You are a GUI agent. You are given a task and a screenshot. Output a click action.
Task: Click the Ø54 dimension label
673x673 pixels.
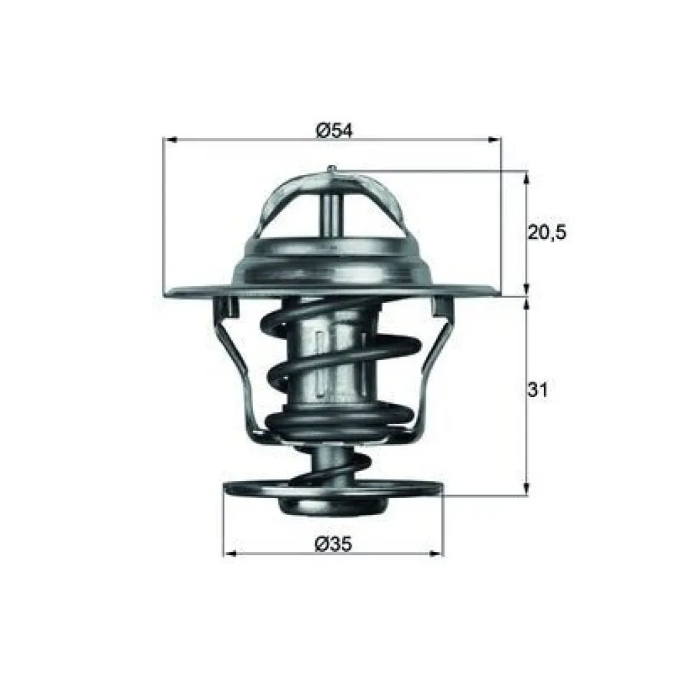333,130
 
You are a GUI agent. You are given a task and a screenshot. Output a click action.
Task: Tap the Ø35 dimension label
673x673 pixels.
333,543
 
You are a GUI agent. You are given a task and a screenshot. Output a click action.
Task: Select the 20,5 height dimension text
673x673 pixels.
546,233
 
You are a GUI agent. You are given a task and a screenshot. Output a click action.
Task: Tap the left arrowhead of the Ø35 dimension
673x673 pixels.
229,554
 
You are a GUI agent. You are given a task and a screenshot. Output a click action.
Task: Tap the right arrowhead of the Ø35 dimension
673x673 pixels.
437,554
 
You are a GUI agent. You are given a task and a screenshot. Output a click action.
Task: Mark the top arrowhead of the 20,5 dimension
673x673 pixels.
526,177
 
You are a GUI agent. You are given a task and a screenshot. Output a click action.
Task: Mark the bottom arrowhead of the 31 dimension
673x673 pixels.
526,491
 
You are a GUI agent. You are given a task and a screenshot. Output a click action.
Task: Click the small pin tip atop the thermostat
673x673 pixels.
330,168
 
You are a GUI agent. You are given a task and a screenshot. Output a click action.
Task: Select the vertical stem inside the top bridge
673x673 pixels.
331,212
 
